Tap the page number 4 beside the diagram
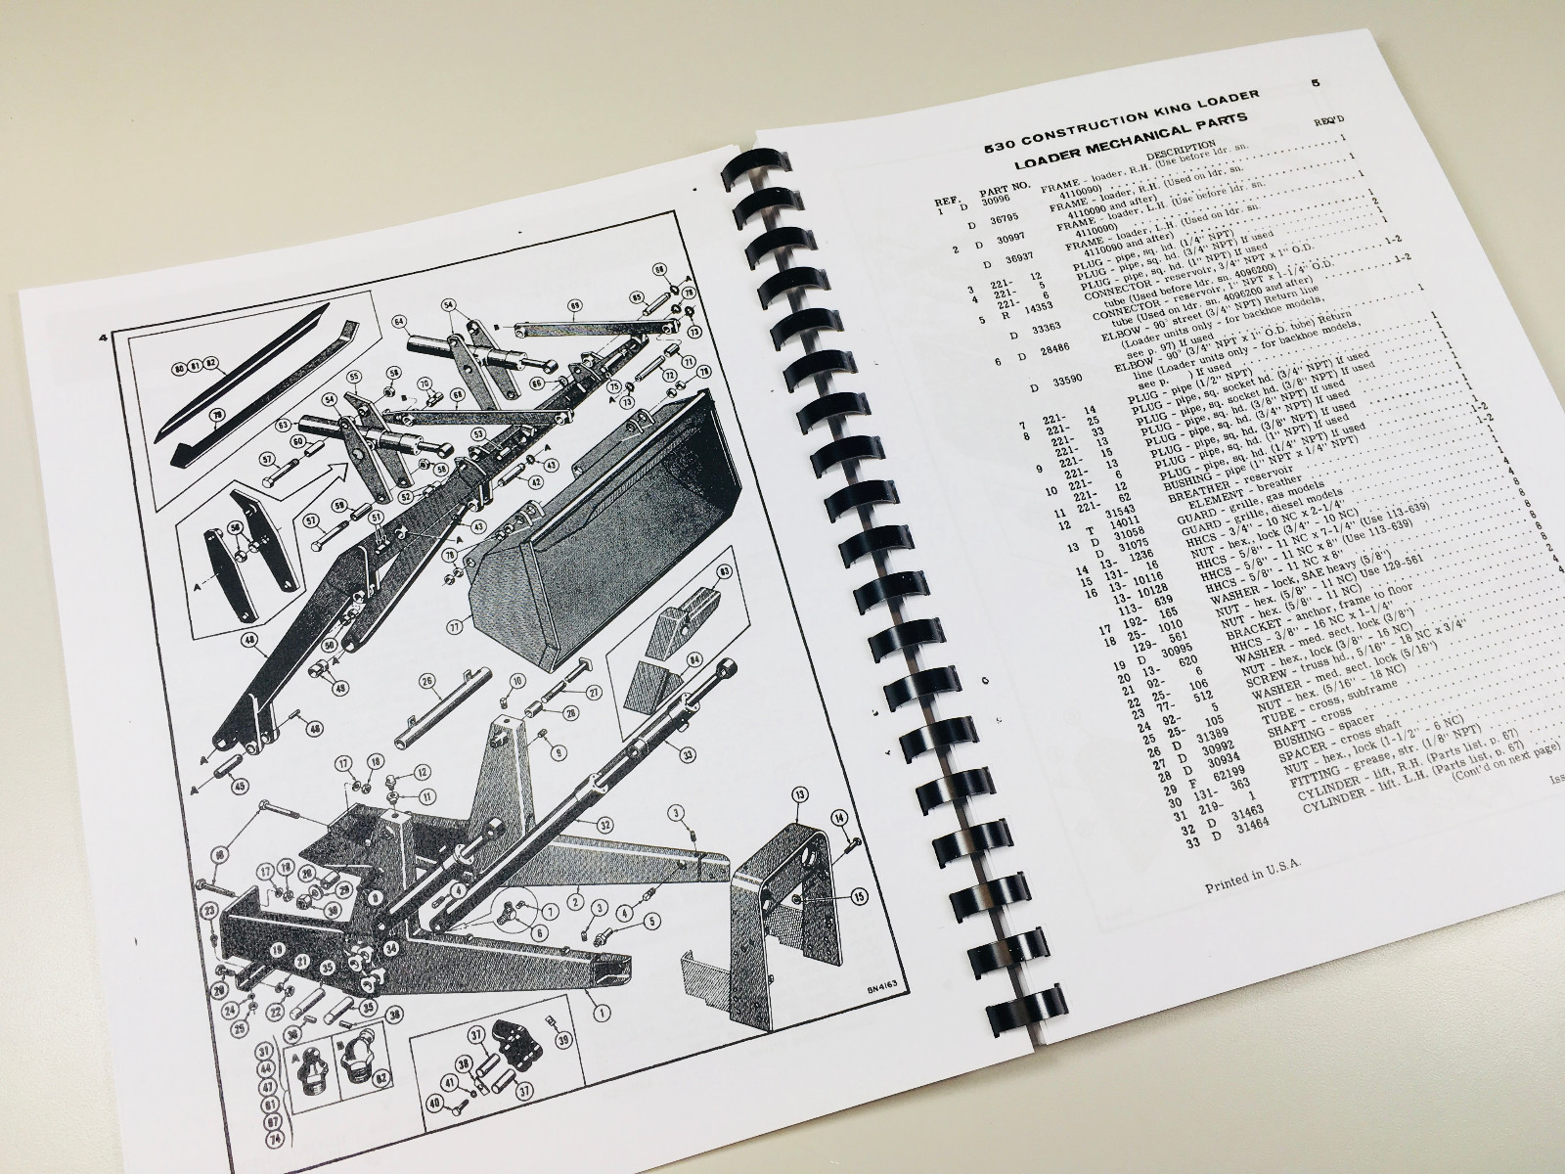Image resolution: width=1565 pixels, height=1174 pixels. pyautogui.click(x=102, y=339)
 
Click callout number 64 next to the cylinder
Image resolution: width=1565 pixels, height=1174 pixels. pyautogui.click(x=398, y=320)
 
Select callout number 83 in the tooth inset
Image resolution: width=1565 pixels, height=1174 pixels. pyautogui.click(x=723, y=569)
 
